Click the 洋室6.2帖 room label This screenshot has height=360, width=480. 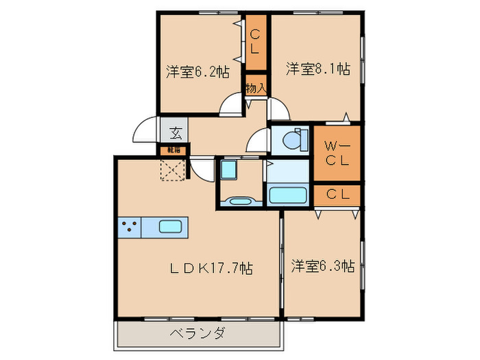coord(197,72)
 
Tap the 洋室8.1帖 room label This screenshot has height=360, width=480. coord(317,69)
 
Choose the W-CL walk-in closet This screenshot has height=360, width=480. coord(337,153)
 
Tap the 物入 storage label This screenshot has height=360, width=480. coord(256,88)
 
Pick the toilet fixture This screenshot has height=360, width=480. coord(292,140)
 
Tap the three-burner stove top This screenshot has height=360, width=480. coord(129,227)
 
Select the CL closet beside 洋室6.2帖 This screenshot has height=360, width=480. coord(256,42)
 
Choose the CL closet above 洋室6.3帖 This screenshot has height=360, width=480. coord(337,195)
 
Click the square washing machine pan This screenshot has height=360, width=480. coord(228,169)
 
